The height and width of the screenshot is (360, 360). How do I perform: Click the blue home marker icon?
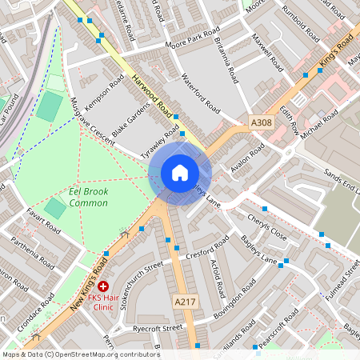[x=180, y=173]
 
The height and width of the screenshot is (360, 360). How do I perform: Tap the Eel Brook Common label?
[x=78, y=197]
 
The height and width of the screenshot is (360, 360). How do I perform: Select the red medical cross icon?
[x=103, y=286]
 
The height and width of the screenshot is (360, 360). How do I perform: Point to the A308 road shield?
[x=261, y=122]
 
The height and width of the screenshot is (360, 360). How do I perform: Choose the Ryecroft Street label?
[x=157, y=327]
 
